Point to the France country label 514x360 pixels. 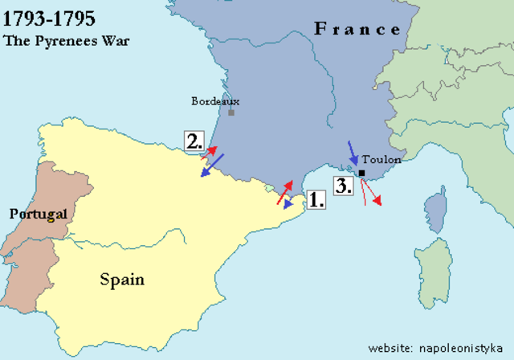357,30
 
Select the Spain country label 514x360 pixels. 122,280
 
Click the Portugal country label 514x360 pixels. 36,214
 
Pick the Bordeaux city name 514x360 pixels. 215,101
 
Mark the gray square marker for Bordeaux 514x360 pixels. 231,112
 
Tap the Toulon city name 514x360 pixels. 381,160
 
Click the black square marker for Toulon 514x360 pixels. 362,173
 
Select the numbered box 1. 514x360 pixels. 316,199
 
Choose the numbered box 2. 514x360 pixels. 194,141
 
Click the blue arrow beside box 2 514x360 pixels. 212,165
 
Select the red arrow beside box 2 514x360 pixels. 210,150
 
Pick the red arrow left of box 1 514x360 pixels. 284,193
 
